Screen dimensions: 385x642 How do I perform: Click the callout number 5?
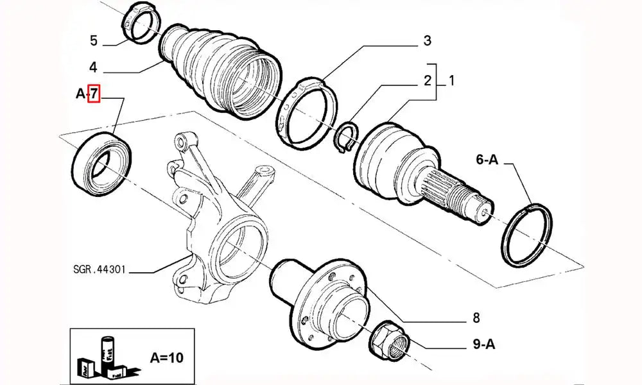(x=93, y=42)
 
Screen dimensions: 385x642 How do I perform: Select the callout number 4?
(x=93, y=67)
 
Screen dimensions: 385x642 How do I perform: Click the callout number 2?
(x=426, y=81)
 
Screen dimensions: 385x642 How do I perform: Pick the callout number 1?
(x=451, y=81)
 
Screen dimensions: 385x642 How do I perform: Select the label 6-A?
(x=486, y=160)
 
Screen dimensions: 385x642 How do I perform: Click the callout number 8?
(x=476, y=316)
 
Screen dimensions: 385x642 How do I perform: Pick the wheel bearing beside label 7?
(x=101, y=161)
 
